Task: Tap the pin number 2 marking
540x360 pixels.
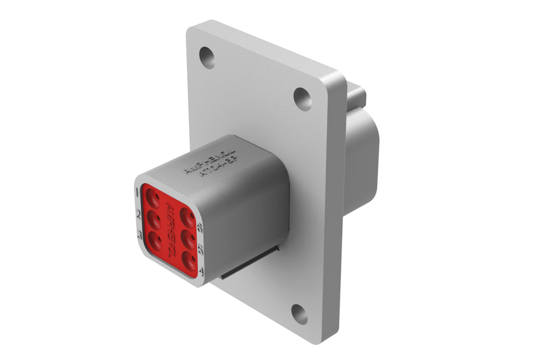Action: pos(138,215)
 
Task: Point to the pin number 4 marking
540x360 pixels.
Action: pos(201,270)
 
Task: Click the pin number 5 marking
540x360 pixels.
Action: pos(201,249)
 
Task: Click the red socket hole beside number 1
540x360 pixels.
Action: pos(152,196)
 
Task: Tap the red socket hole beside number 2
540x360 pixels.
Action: pos(154,218)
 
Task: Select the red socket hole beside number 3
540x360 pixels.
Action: pos(154,239)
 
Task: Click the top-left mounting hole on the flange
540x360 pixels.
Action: pos(207,57)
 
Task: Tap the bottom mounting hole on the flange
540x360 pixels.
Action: pos(299,314)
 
